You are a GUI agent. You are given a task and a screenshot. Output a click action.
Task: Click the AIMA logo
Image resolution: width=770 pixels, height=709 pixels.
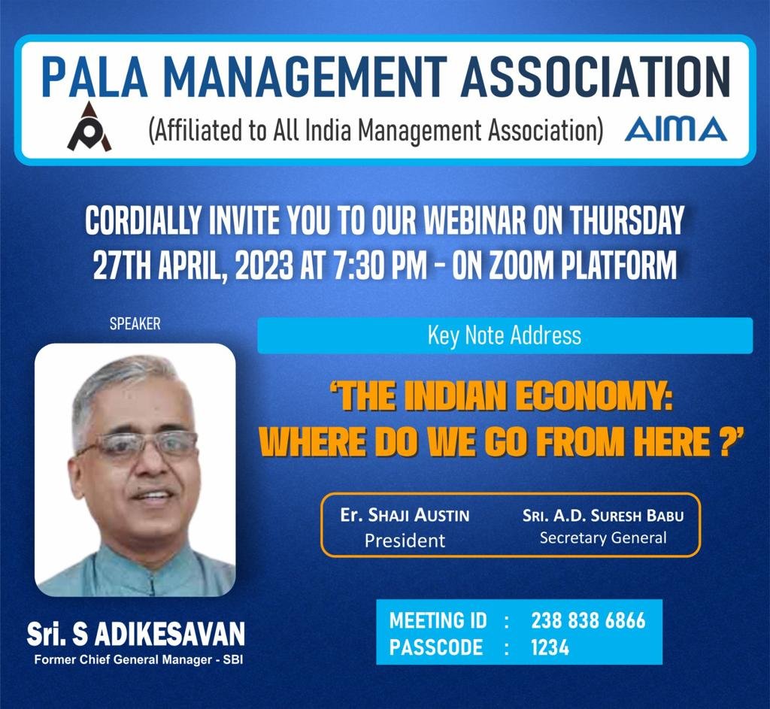(x=675, y=129)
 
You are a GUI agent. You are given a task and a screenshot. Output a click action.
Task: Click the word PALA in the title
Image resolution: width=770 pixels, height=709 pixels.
(x=94, y=76)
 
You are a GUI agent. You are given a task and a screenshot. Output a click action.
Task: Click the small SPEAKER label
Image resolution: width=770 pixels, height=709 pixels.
(x=135, y=324)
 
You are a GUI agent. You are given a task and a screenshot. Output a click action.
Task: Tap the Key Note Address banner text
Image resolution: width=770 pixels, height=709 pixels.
(x=505, y=336)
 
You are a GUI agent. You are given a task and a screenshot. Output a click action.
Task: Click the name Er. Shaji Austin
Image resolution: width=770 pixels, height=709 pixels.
(x=405, y=515)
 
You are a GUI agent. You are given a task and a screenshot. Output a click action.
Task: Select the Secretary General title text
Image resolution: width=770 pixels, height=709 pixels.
(x=603, y=538)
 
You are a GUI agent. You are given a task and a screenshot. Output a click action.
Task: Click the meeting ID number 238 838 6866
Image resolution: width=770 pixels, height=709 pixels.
(x=588, y=620)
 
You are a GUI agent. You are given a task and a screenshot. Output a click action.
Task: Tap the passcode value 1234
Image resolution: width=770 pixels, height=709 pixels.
(x=550, y=647)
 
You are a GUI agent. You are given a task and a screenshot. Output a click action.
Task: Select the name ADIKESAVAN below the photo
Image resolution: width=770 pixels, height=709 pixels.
(x=169, y=633)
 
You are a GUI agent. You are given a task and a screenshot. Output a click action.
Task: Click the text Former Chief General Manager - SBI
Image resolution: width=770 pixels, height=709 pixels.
(x=138, y=660)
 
